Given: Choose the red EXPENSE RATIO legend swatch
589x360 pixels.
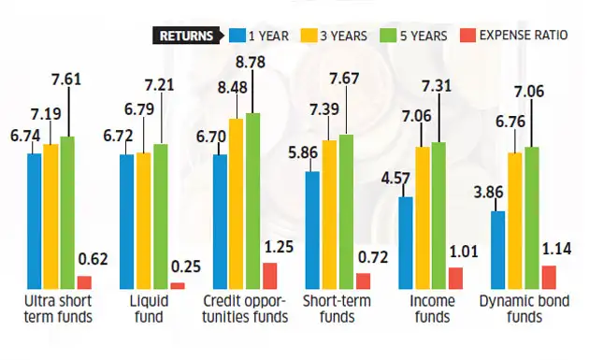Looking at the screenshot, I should (x=471, y=36).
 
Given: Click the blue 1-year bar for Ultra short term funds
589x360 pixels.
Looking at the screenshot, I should (x=35, y=221).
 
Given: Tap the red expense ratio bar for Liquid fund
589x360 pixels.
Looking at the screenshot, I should (x=177, y=285).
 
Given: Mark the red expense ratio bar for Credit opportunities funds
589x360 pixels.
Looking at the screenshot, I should (x=269, y=276).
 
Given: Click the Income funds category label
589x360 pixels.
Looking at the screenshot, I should (x=431, y=309).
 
